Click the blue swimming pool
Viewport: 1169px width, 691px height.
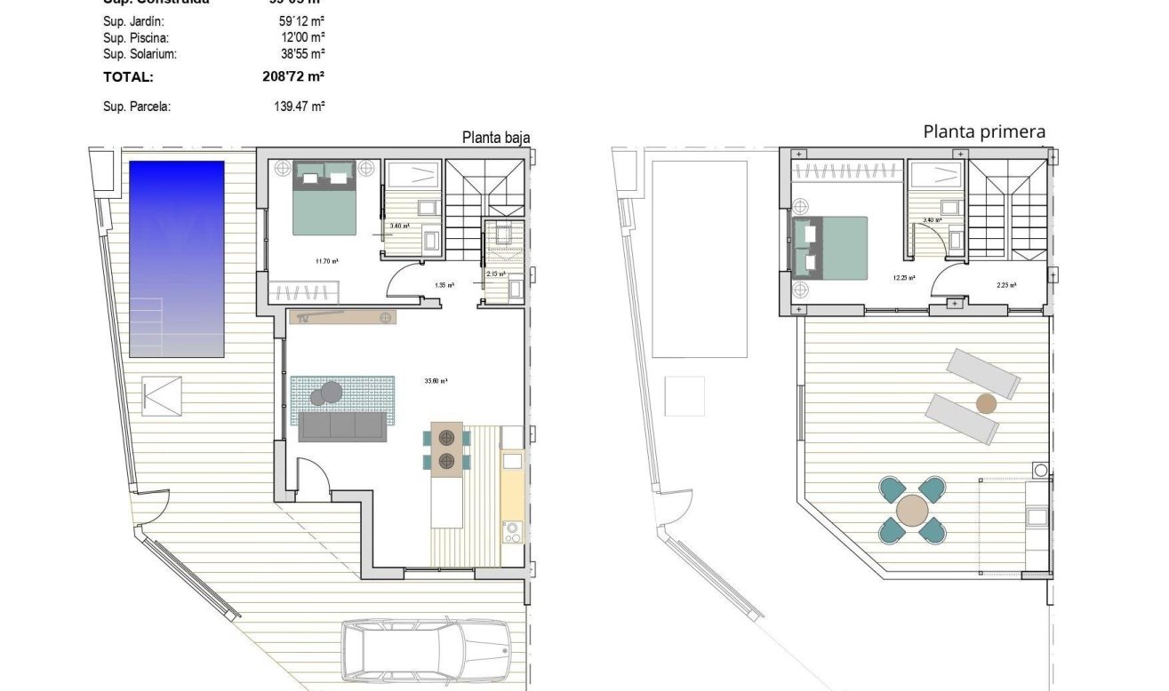[177, 258]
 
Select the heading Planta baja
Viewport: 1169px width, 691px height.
[495, 138]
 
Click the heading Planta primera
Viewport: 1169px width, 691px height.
[984, 132]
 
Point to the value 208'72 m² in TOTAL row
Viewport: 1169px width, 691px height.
[289, 77]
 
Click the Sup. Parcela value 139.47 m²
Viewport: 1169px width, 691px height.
[299, 107]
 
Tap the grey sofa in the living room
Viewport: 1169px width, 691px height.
[343, 427]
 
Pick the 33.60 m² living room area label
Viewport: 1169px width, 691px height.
[436, 381]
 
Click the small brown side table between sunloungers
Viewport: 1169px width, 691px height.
[986, 404]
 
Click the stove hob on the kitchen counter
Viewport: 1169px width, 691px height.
[514, 531]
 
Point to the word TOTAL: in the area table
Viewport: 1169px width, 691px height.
[128, 77]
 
